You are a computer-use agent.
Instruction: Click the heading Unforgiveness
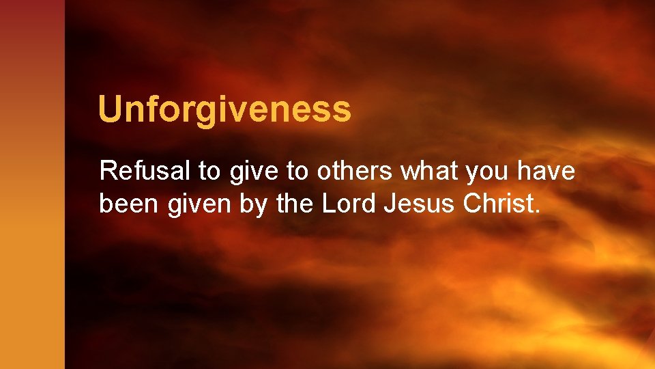pyautogui.click(x=224, y=109)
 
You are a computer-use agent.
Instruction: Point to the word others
pyautogui.click(x=355, y=171)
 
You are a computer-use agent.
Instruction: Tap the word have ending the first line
pyautogui.click(x=547, y=171)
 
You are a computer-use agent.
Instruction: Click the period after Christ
pyautogui.click(x=537, y=211)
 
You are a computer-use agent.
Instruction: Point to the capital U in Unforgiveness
pyautogui.click(x=110, y=109)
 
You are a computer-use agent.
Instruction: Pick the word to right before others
pyautogui.click(x=297, y=172)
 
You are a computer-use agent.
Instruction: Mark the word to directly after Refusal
pyautogui.click(x=209, y=172)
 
